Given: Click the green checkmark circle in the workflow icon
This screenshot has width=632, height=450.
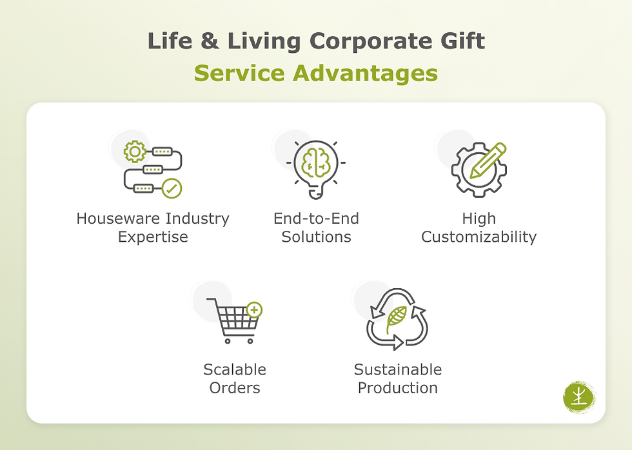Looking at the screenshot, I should pyautogui.click(x=172, y=188).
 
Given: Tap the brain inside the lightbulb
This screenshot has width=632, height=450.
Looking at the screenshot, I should pyautogui.click(x=316, y=162).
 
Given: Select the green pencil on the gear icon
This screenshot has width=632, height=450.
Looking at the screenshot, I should pyautogui.click(x=488, y=160).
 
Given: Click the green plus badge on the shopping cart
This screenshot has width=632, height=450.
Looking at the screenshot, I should pyautogui.click(x=255, y=310).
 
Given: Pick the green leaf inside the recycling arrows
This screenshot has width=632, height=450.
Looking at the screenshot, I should pyautogui.click(x=396, y=318).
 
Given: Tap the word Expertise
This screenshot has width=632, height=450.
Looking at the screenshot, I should pyautogui.click(x=153, y=237).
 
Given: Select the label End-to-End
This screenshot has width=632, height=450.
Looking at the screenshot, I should pyautogui.click(x=316, y=219).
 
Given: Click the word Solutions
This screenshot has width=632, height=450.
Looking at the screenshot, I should pyautogui.click(x=316, y=237).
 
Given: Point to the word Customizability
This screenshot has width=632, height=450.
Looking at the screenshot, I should pyautogui.click(x=479, y=237).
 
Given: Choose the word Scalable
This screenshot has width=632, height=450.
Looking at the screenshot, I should pyautogui.click(x=235, y=369).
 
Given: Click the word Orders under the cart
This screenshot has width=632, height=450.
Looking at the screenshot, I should pyautogui.click(x=235, y=387).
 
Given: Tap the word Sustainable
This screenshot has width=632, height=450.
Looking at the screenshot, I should pyautogui.click(x=398, y=369).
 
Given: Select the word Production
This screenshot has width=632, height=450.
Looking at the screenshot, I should pyautogui.click(x=398, y=387).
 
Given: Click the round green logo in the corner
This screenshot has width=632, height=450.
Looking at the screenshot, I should pyautogui.click(x=578, y=396).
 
